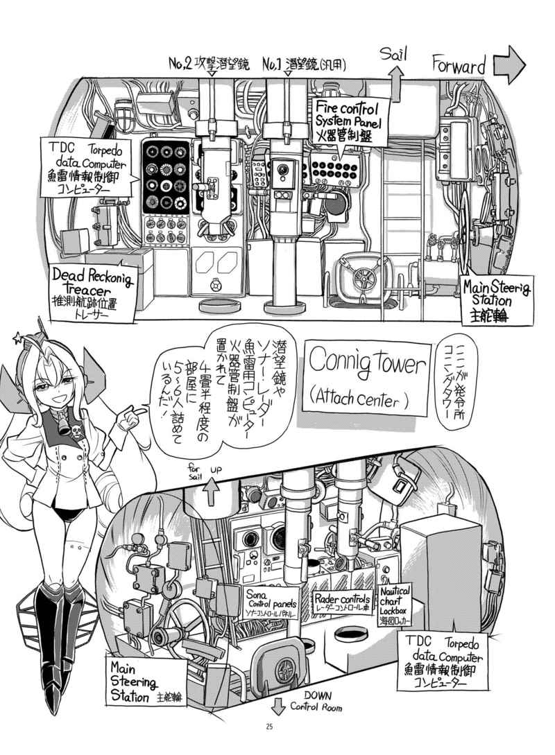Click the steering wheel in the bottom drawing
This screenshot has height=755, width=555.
185,616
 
